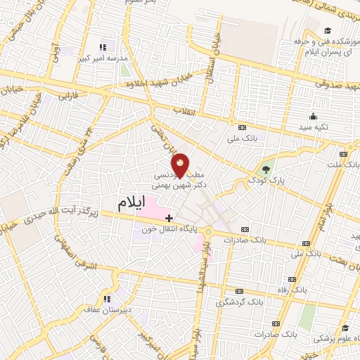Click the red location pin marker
coord(181,166)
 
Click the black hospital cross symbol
coord(169,219)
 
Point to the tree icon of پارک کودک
coord(266,169)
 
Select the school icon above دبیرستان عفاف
coord(107,299)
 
